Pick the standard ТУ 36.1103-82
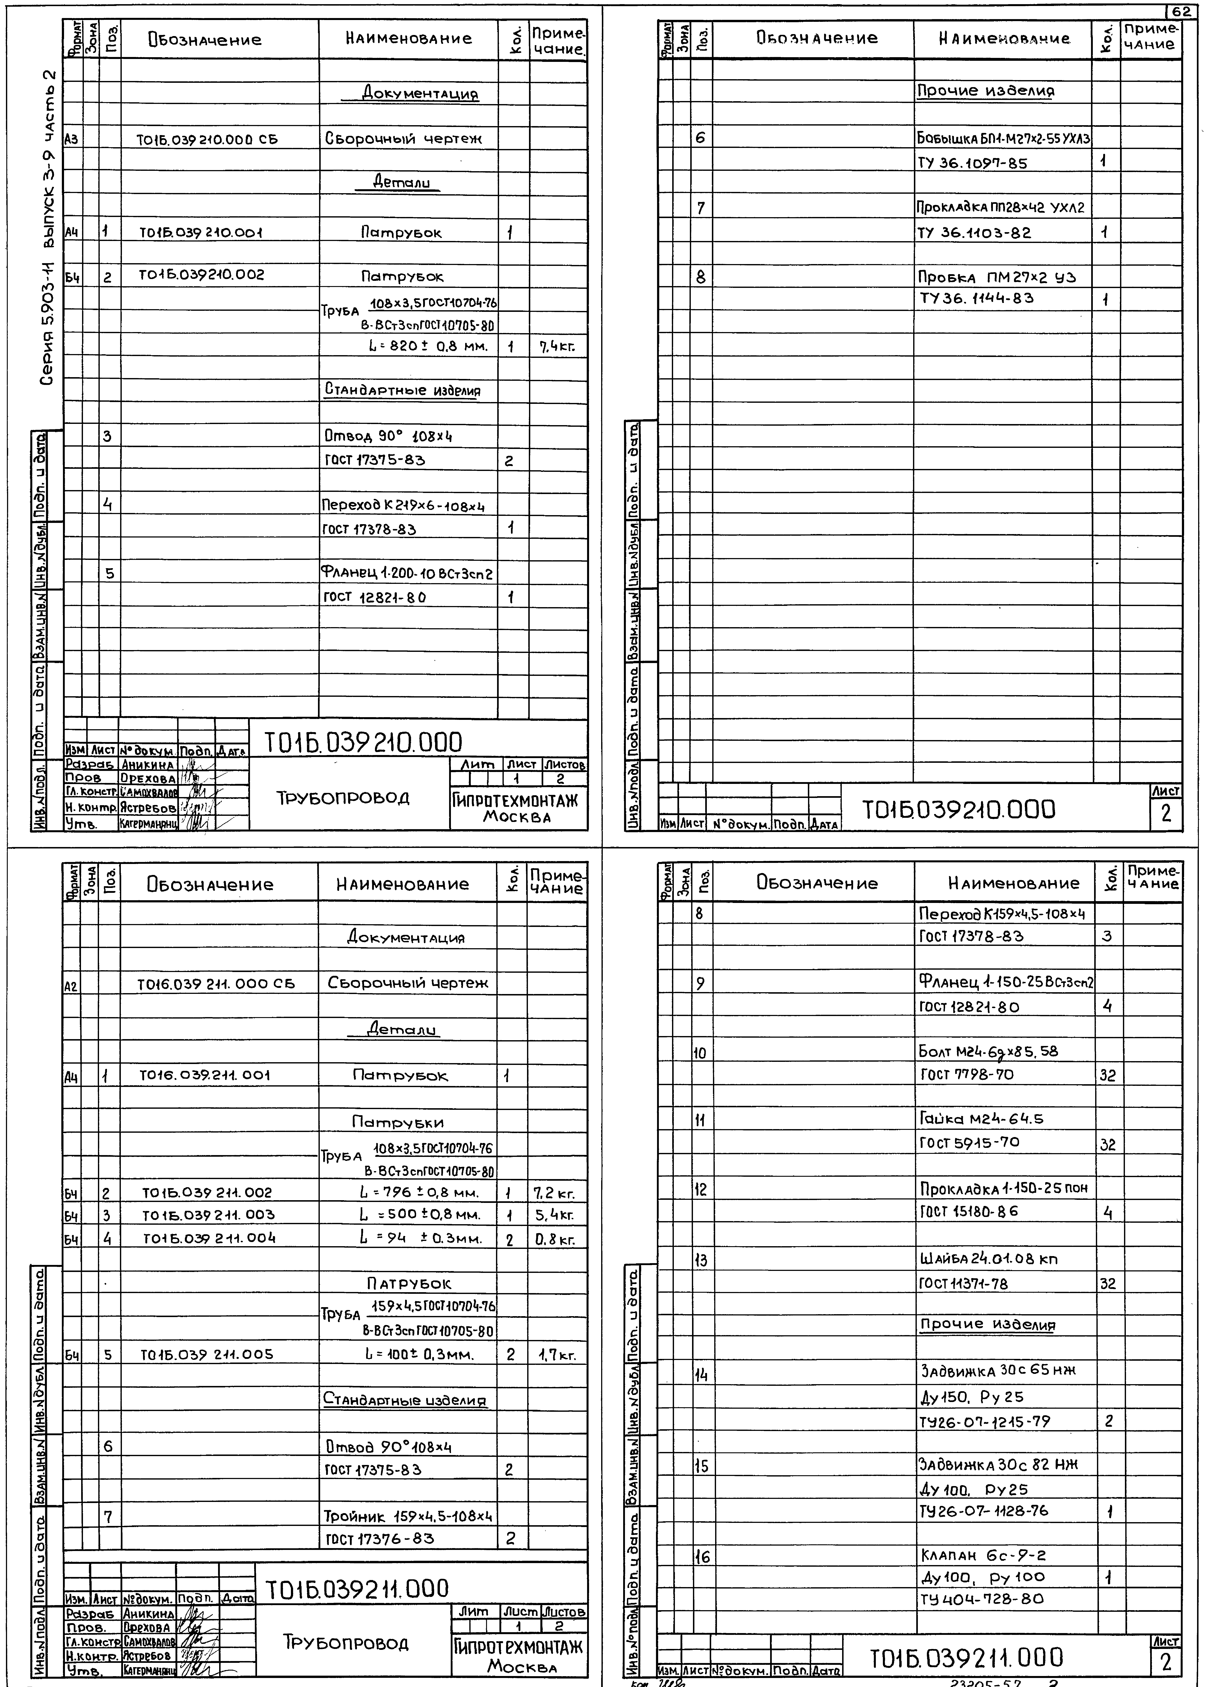[974, 232]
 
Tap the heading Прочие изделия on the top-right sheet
[985, 91]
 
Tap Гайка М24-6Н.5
[982, 1119]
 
